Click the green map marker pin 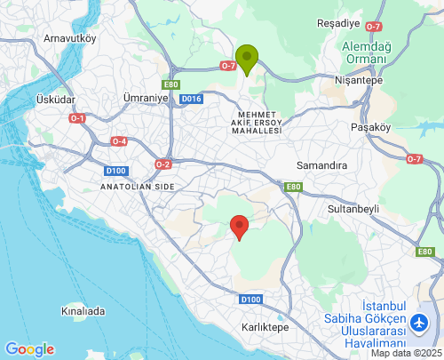(x=247, y=59)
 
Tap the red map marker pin (x=238, y=227)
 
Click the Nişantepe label (x=359, y=79)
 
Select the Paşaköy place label (x=371, y=127)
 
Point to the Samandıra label (x=321, y=166)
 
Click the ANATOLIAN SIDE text (x=138, y=188)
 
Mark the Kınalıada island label (x=83, y=311)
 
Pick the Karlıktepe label (x=266, y=327)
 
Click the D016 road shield (x=191, y=99)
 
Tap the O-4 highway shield (x=119, y=141)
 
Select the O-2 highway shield (x=163, y=164)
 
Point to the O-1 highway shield (x=77, y=118)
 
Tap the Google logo (x=29, y=349)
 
